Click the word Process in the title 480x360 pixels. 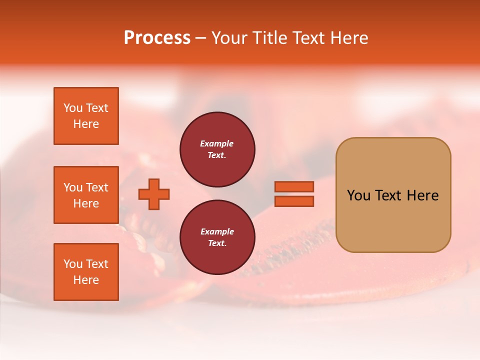pyautogui.click(x=157, y=38)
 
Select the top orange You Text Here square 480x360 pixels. pyautogui.click(x=86, y=116)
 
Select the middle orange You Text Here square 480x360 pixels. pyautogui.click(x=86, y=195)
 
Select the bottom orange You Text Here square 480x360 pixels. pyautogui.click(x=86, y=272)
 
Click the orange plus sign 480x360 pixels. pyautogui.click(x=154, y=194)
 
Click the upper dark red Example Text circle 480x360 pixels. pyautogui.click(x=217, y=149)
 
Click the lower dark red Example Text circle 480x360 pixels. pyautogui.click(x=217, y=237)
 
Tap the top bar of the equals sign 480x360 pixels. pyautogui.click(x=294, y=186)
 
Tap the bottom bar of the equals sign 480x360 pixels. pyautogui.click(x=294, y=201)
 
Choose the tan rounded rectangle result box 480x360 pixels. pyautogui.click(x=393, y=220)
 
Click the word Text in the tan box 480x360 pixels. pyautogui.click(x=388, y=195)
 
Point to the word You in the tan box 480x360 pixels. pyautogui.click(x=358, y=195)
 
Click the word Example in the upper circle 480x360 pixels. pyautogui.click(x=217, y=143)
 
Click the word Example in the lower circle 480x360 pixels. pyautogui.click(x=217, y=231)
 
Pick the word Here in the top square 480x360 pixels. pyautogui.click(x=86, y=124)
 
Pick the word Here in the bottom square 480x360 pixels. pyautogui.click(x=86, y=280)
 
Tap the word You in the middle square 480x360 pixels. pyautogui.click(x=73, y=187)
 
